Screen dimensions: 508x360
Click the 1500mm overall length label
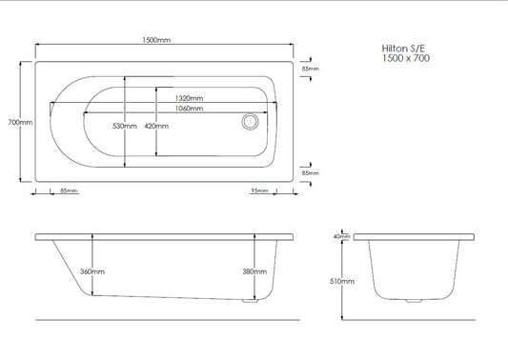click(x=156, y=40)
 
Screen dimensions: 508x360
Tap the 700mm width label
click(x=20, y=122)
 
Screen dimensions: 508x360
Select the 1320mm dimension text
click(x=190, y=98)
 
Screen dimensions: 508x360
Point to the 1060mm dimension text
click(x=190, y=109)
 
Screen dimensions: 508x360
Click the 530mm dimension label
click(x=125, y=126)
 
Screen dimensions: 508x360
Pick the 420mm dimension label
click(x=156, y=126)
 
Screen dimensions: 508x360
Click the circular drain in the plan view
click(x=250, y=122)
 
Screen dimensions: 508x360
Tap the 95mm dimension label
click(x=259, y=190)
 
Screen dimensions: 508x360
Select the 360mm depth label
click(x=92, y=271)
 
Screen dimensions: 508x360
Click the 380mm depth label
click(x=254, y=271)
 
